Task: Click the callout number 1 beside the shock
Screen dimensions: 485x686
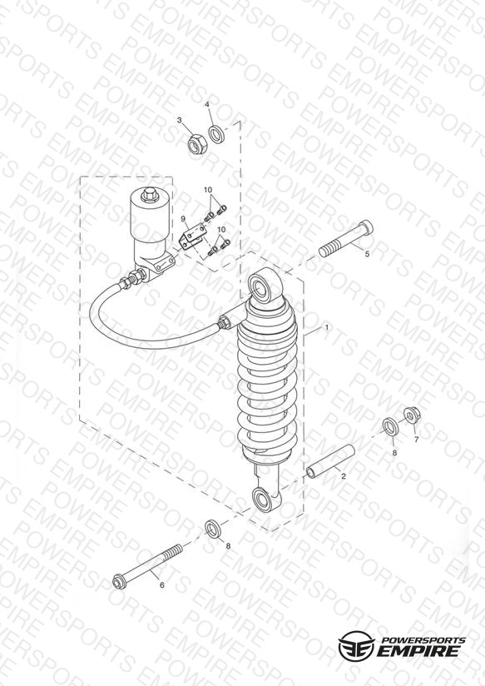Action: point(326,327)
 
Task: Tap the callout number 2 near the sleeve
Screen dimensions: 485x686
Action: point(344,476)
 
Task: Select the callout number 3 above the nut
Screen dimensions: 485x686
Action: point(180,120)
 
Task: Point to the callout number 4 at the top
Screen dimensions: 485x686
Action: point(207,104)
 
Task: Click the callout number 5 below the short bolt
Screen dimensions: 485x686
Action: point(367,254)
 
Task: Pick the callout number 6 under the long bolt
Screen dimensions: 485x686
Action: point(162,585)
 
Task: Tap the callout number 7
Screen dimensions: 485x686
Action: point(416,440)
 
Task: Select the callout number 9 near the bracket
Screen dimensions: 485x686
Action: point(184,218)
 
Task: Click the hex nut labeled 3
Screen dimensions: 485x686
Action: point(194,143)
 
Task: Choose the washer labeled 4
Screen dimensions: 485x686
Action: point(216,134)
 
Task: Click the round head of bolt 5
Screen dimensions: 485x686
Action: point(365,228)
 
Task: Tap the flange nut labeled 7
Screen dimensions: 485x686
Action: point(411,415)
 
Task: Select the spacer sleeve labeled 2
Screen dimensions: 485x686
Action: point(330,461)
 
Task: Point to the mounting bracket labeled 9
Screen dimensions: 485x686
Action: point(192,236)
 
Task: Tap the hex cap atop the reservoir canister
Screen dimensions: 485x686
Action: point(149,195)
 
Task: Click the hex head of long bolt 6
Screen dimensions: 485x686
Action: point(118,581)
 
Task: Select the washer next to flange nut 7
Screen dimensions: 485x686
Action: point(390,426)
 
